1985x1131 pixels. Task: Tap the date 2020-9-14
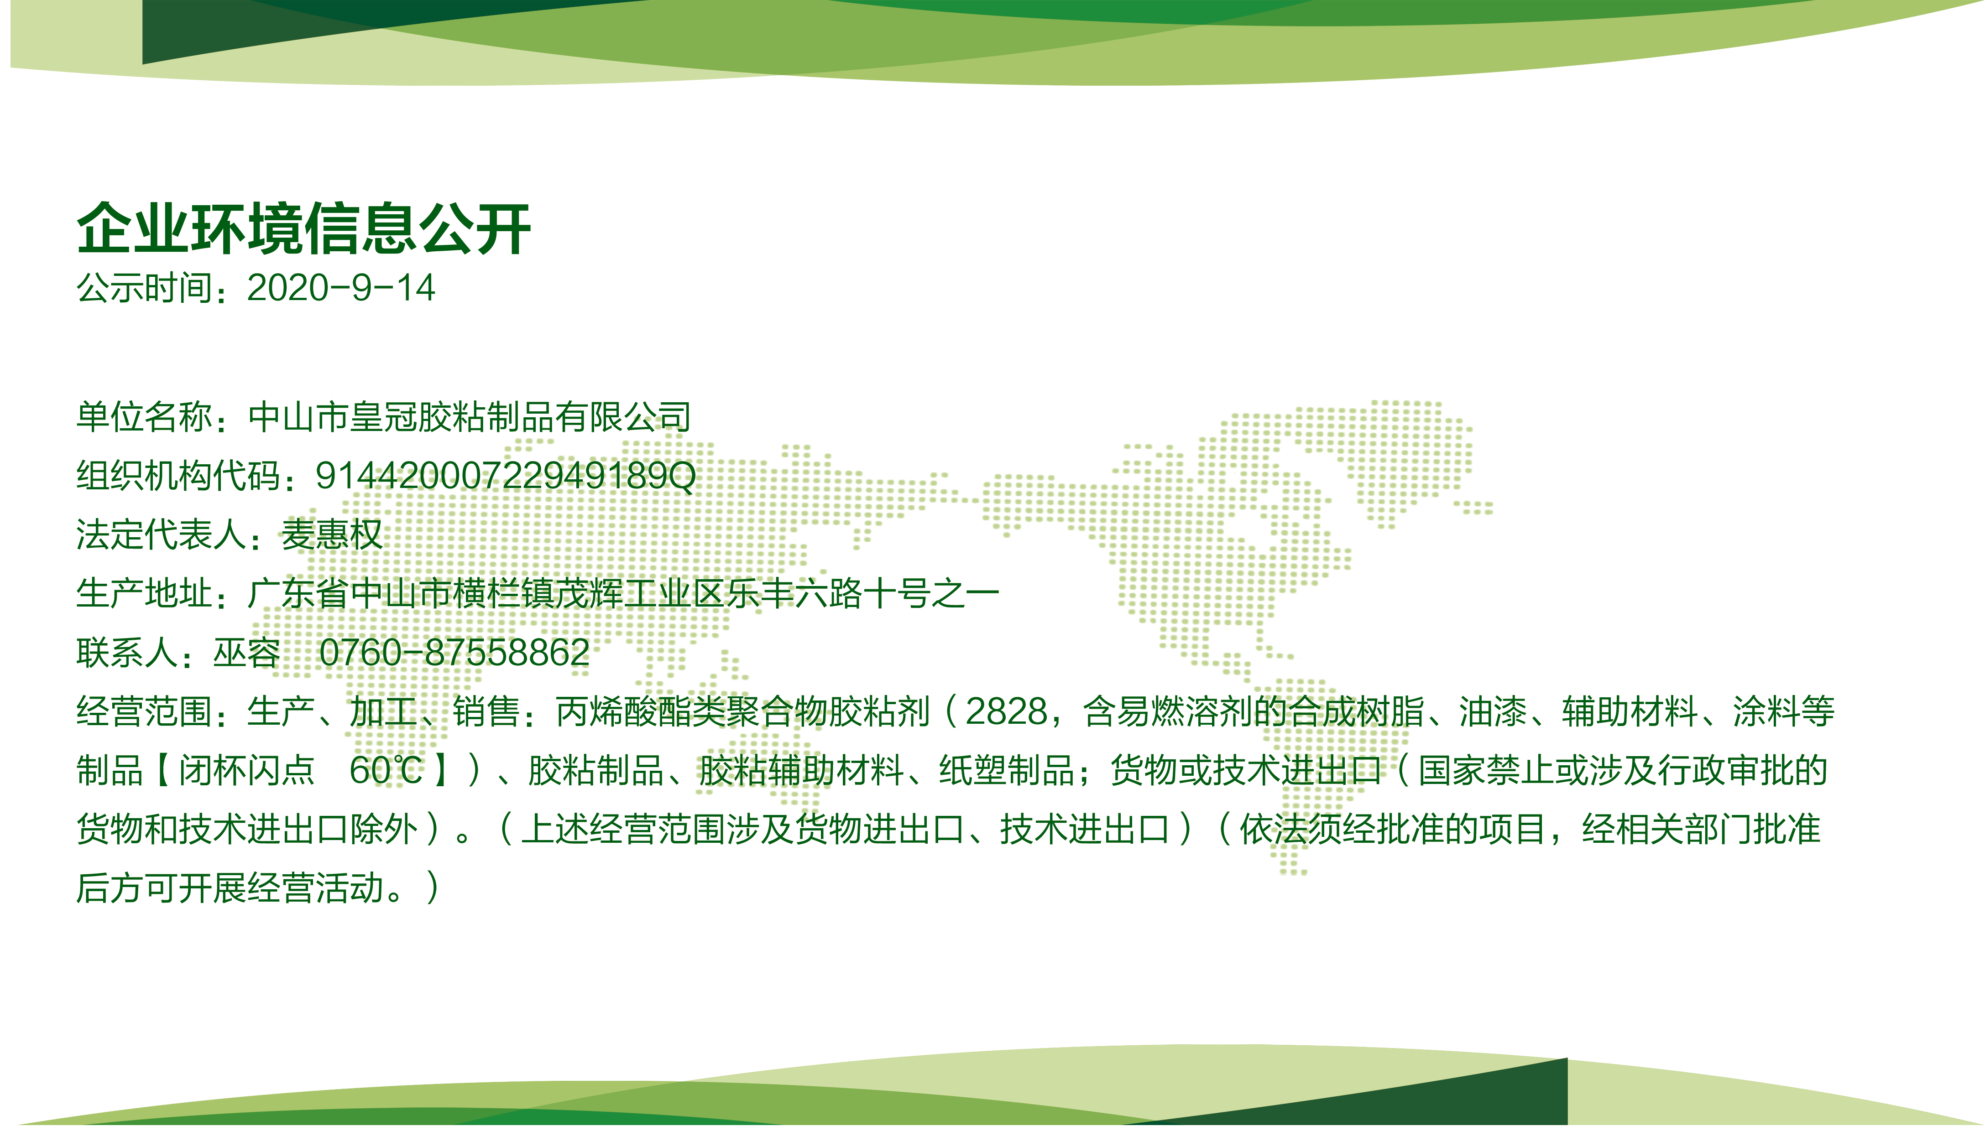tap(340, 288)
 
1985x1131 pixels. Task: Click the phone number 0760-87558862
tap(454, 653)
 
